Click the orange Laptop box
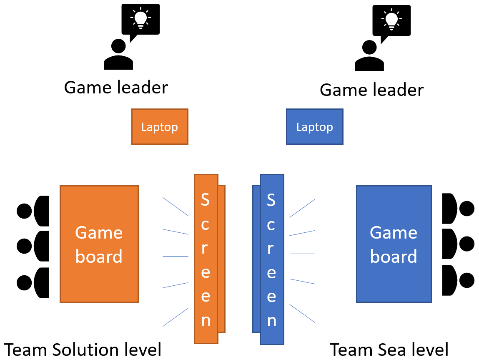coord(160,127)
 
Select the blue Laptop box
coord(315,127)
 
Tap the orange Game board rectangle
coord(99,244)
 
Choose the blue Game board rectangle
coord(394,244)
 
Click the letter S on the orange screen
coord(206,200)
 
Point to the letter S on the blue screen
coord(271,200)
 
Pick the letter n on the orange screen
coord(206,320)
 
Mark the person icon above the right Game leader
coord(369,56)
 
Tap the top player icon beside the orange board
coord(33,210)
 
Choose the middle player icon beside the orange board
coord(33,246)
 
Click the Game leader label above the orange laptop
coord(116,88)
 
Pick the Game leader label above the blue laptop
coord(371,90)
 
